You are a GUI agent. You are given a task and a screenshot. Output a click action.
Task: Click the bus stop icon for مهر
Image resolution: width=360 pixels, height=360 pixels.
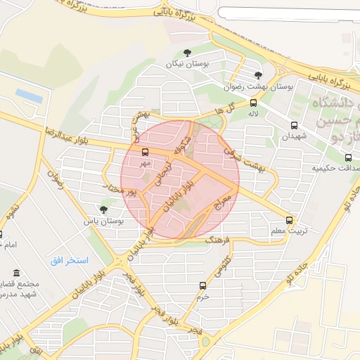146,152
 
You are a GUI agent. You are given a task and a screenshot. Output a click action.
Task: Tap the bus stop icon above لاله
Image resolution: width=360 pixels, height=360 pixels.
253,103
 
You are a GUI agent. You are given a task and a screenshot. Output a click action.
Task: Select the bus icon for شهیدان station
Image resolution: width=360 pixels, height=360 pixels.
293,125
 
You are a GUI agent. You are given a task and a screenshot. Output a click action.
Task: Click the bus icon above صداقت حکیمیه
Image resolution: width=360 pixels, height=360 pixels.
348,157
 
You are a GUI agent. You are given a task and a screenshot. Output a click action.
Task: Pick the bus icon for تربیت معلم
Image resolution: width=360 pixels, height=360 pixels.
290,220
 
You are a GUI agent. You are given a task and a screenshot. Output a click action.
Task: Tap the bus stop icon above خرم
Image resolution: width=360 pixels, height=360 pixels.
203,285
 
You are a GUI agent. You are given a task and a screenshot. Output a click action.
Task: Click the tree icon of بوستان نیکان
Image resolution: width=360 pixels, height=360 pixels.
186,53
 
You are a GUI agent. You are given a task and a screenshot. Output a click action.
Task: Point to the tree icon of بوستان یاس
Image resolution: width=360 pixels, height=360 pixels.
104,210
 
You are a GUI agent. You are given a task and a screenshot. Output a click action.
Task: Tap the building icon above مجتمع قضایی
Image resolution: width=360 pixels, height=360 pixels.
16,273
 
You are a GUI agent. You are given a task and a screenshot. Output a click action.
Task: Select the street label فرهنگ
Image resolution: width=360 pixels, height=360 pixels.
217,240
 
